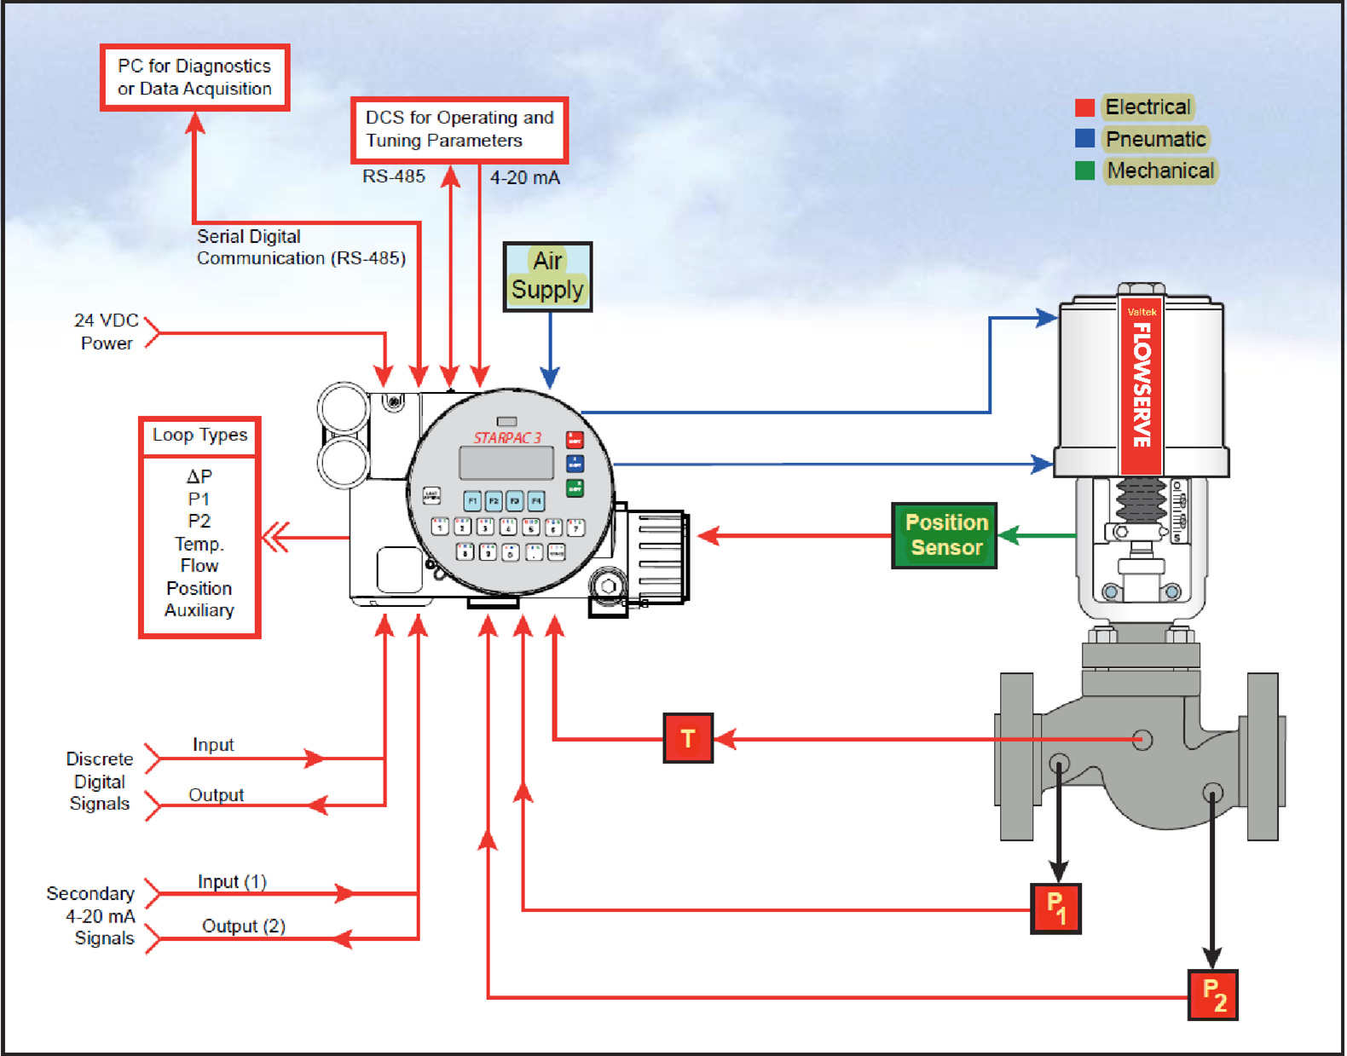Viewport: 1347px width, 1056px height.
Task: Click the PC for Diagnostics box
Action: click(x=194, y=78)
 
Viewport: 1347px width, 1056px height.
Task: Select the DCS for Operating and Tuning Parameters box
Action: click(x=460, y=130)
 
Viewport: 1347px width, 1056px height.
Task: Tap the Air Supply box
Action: click(x=547, y=276)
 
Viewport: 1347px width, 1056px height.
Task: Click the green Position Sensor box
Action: click(x=945, y=535)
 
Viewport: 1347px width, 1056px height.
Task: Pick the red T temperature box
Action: click(x=688, y=738)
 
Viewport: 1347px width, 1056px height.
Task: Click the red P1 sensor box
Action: click(x=1055, y=909)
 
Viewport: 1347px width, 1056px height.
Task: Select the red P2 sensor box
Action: click(x=1212, y=995)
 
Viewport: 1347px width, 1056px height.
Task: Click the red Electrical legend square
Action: click(x=1084, y=107)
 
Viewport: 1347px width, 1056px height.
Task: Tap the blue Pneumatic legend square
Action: click(x=1084, y=139)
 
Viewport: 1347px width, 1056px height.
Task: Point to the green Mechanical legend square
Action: click(x=1084, y=170)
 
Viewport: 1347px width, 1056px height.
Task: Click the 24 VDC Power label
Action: click(x=107, y=332)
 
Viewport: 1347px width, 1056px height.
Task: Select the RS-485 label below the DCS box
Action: click(x=393, y=176)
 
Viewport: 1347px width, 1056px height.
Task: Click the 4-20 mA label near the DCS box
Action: click(x=524, y=178)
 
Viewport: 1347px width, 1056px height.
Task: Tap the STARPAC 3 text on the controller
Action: click(x=507, y=438)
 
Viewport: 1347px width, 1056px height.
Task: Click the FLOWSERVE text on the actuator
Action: click(x=1142, y=384)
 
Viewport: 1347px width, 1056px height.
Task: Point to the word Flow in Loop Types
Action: click(x=199, y=566)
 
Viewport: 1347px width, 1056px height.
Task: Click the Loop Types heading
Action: click(x=199, y=436)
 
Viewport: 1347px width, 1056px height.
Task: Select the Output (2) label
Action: click(x=243, y=926)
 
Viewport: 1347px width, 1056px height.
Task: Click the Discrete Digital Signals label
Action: click(x=100, y=782)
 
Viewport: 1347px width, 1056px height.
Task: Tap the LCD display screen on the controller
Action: click(x=506, y=464)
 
